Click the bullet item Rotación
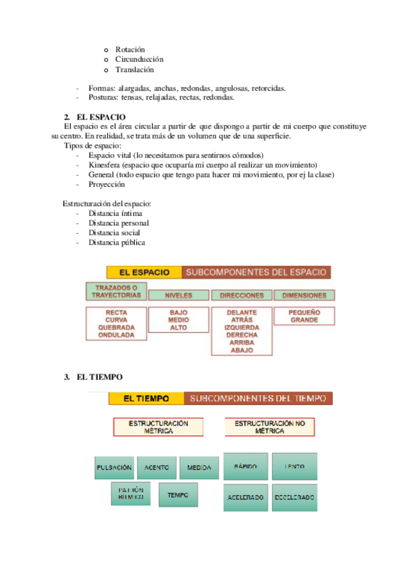click(130, 49)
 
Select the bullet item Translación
click(134, 69)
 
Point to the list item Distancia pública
click(116, 242)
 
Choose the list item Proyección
click(107, 184)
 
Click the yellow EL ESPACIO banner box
click(145, 272)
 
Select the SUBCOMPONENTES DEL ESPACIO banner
click(257, 272)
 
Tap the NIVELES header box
click(178, 295)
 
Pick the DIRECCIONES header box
click(241, 295)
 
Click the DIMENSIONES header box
click(304, 295)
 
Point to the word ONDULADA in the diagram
click(116, 335)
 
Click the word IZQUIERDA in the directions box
click(241, 327)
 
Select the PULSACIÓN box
click(114, 467)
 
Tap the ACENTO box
click(156, 467)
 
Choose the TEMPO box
click(178, 494)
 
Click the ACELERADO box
click(246, 497)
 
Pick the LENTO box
click(295, 467)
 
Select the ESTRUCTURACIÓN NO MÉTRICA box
click(270, 427)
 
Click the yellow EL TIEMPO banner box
click(146, 398)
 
